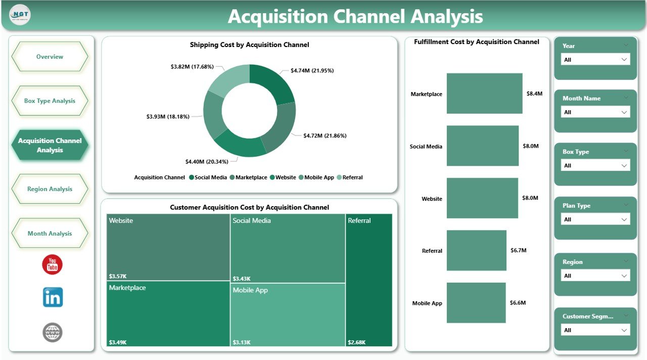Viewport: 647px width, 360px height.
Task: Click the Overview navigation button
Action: [50, 57]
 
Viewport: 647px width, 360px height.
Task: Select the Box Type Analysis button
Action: [50, 101]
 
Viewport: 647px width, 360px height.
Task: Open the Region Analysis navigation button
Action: [50, 189]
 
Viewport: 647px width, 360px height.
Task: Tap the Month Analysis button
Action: [50, 234]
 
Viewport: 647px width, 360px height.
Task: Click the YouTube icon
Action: [52, 264]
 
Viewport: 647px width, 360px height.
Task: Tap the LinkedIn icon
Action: [53, 297]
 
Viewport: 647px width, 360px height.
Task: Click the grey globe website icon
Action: [53, 332]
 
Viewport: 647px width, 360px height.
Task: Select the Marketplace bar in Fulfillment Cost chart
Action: [484, 94]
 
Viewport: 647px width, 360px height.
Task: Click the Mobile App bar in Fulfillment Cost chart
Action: [476, 303]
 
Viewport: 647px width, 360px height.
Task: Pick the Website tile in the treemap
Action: [168, 247]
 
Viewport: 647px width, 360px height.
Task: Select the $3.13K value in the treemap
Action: [241, 342]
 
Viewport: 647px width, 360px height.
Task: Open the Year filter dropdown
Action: [595, 60]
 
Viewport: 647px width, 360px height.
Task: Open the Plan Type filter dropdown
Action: [595, 219]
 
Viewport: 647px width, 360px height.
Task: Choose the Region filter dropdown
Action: [595, 276]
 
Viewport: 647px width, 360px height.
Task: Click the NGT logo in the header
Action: [20, 15]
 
